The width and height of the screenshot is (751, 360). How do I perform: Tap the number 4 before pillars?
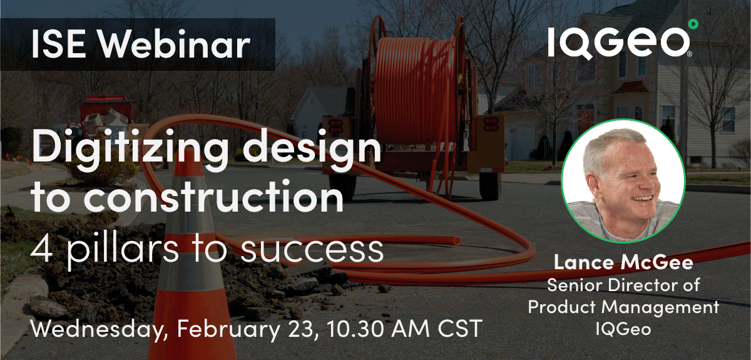click(43, 249)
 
